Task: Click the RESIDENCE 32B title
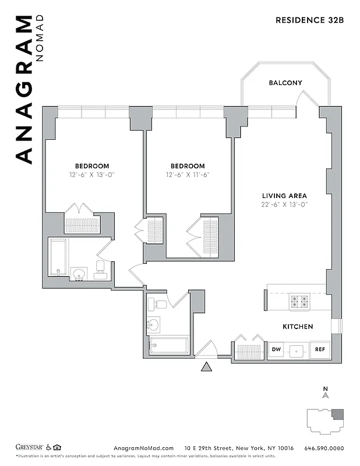(x=309, y=20)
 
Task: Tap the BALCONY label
(x=285, y=83)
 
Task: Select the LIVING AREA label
(x=284, y=196)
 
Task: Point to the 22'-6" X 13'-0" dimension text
(x=284, y=204)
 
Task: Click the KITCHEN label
(x=298, y=327)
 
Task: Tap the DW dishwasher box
(x=276, y=350)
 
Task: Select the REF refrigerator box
(x=320, y=350)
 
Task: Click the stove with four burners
(x=300, y=301)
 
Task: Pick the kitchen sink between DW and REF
(x=298, y=351)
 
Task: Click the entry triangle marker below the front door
(x=205, y=366)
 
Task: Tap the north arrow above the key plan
(x=326, y=393)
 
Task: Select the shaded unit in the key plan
(x=338, y=415)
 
